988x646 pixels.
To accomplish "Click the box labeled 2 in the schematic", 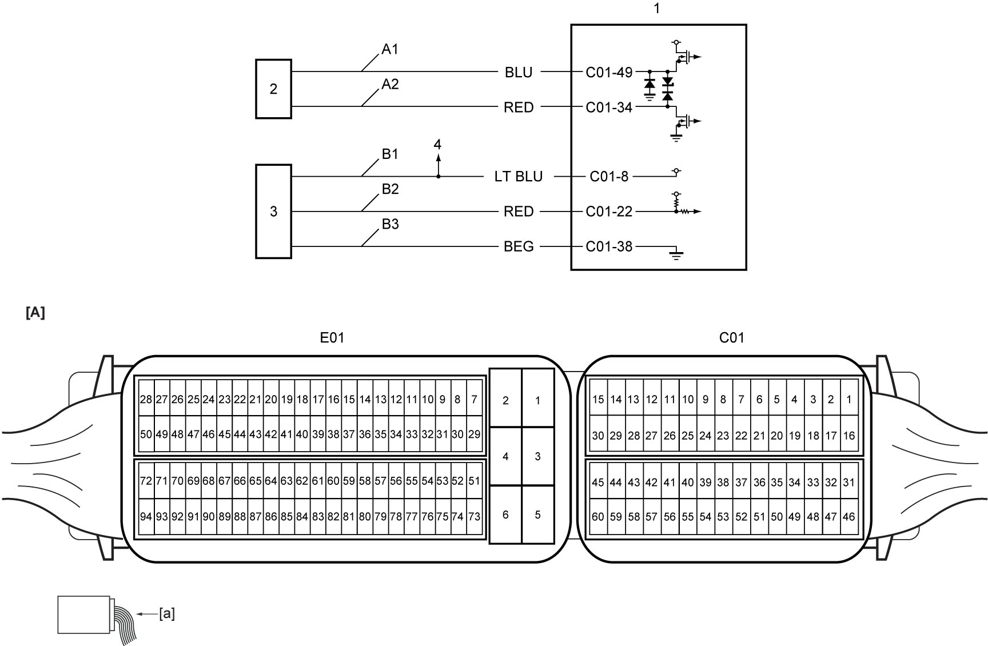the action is [273, 89].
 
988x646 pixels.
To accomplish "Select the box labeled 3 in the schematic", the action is [273, 212].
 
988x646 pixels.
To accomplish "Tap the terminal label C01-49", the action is [609, 73].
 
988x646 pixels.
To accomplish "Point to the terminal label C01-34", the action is [609, 107].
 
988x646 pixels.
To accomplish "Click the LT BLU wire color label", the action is [518, 177].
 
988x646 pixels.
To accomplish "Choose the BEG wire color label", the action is [519, 246].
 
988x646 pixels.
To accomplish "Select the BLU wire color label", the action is [519, 73].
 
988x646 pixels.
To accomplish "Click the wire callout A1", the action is [390, 50].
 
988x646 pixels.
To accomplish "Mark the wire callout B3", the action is [390, 224].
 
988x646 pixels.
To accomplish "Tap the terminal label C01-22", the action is [609, 212].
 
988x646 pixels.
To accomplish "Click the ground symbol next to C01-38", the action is [676, 254].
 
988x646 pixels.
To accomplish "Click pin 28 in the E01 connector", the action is [146, 400].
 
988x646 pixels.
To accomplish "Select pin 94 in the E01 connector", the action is [146, 516].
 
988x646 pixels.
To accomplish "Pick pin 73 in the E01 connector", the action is [474, 516].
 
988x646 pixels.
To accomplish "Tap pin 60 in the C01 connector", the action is [598, 516].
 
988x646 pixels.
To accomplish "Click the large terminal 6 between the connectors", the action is [505, 515].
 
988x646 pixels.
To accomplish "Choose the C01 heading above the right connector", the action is [732, 338].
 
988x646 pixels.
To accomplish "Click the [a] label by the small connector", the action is [166, 614].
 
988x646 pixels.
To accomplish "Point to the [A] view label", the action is [35, 313].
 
